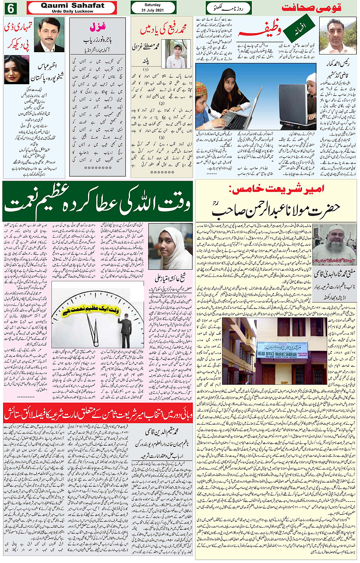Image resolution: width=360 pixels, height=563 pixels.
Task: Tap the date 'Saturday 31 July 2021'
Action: pyautogui.click(x=152, y=8)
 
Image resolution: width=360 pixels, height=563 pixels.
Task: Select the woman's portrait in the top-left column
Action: pyautogui.click(x=16, y=70)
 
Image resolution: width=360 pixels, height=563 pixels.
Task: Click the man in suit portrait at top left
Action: pyautogui.click(x=49, y=35)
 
